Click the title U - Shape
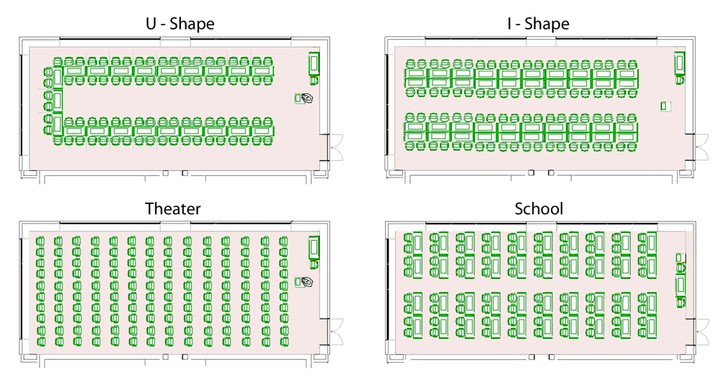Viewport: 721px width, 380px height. (180, 24)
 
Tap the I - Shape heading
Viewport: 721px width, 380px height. (538, 24)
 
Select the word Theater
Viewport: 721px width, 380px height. (173, 208)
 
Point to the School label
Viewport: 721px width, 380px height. (539, 208)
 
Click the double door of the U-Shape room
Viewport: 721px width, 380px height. (335, 147)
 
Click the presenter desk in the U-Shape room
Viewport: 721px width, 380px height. (314, 63)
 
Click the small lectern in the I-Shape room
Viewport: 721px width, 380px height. (665, 106)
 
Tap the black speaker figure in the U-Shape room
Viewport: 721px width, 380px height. (306, 98)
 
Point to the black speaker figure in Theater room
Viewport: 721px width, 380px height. (306, 281)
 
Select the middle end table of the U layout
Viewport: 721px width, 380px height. (58, 101)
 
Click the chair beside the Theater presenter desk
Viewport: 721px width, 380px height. (314, 264)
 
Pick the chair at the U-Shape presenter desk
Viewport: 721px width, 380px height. (314, 80)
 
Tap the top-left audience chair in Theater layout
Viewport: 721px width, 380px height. (40, 240)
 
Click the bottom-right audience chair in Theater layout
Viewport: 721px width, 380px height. (283, 342)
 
